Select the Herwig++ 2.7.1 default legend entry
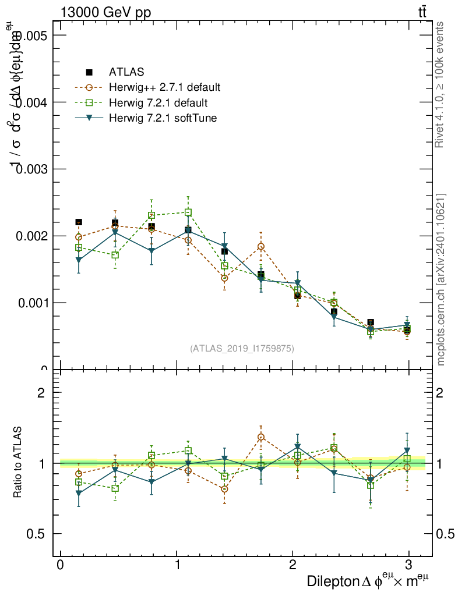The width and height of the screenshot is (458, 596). pos(164,88)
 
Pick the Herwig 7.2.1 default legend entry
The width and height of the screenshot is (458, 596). pos(157,103)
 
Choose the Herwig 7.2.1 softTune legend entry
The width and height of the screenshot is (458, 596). pos(163,118)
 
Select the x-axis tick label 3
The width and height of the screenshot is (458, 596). pos(408,565)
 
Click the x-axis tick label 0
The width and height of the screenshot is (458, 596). pos(60,565)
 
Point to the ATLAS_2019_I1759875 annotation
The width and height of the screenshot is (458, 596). pos(242,349)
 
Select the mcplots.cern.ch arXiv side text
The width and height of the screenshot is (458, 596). pos(441,279)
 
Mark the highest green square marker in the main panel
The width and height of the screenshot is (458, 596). pos(188,212)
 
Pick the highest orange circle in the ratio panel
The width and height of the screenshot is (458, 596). pos(261,437)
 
